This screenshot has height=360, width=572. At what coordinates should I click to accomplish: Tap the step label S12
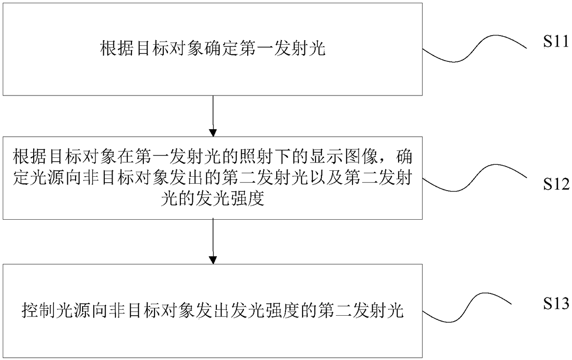click(x=556, y=185)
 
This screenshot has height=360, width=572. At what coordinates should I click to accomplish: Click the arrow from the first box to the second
click(x=213, y=116)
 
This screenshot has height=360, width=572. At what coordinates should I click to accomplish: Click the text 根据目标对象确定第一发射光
click(x=213, y=49)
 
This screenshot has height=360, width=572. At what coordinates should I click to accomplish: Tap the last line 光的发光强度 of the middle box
click(x=213, y=200)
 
